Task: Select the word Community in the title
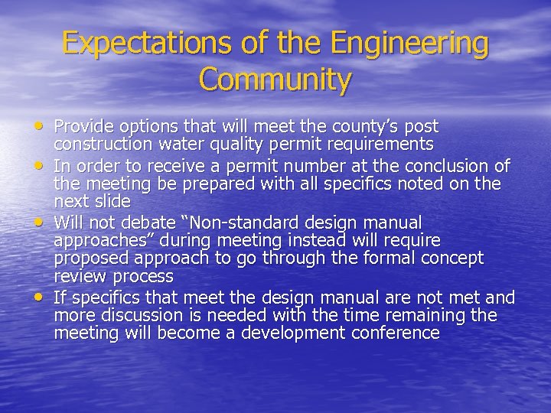tap(275, 79)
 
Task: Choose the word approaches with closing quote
tap(98, 240)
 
